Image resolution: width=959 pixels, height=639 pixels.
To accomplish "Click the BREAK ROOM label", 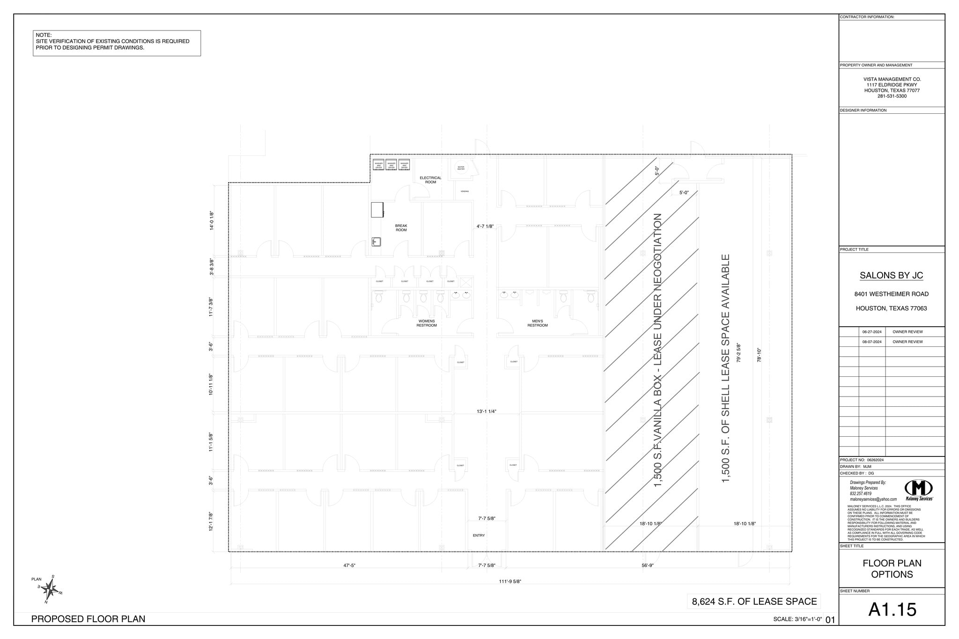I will click(x=401, y=228).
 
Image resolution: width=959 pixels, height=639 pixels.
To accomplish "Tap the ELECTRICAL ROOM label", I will click(x=430, y=180).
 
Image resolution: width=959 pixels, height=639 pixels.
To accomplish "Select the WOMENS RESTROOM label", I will click(x=426, y=323).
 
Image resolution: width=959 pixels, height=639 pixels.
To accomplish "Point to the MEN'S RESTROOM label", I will click(x=537, y=323).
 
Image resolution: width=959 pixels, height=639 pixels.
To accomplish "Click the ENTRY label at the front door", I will click(x=479, y=535).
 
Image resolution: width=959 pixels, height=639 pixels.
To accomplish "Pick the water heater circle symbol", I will click(x=461, y=167).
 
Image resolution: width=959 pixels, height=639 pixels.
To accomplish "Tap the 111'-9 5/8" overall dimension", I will click(x=509, y=581).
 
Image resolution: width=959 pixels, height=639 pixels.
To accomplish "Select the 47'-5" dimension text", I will click(x=349, y=566).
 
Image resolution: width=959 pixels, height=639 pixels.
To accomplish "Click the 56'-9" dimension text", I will click(x=647, y=566).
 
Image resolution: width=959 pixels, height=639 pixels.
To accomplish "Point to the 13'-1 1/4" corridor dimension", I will click(x=487, y=411).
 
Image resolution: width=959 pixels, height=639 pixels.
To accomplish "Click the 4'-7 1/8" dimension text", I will click(x=485, y=226).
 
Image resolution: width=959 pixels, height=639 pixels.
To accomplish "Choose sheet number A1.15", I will click(x=892, y=610).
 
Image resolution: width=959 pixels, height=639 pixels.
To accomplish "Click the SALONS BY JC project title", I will click(x=891, y=275).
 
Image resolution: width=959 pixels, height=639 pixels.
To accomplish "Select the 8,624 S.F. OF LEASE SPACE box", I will click(x=754, y=601).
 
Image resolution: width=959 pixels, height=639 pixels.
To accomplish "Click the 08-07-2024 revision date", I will click(x=872, y=342).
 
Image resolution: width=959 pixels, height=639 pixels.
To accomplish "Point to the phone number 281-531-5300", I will click(x=892, y=96).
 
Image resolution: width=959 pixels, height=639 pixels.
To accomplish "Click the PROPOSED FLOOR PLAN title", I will click(x=88, y=619).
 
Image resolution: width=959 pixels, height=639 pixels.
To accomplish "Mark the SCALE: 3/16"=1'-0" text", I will click(x=797, y=619).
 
